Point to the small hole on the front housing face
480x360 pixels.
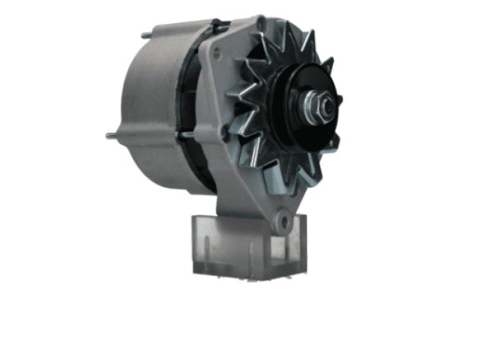pos(217,53)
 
